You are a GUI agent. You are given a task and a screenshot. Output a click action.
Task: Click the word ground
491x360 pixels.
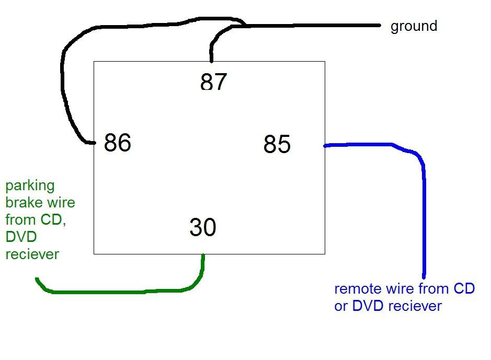(414, 26)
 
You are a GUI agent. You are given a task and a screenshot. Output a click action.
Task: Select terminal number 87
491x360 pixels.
(213, 82)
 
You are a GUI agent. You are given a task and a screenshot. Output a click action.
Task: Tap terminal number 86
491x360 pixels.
(117, 143)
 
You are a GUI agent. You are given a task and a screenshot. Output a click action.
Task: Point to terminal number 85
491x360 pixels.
(277, 144)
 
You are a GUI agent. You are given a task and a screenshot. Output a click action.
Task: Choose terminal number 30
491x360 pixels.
(203, 227)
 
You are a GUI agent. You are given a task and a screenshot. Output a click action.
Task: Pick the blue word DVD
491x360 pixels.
(368, 306)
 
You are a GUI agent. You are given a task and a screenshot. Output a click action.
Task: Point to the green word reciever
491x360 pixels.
(32, 254)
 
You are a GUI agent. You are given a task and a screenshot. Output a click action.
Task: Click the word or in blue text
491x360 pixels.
(341, 306)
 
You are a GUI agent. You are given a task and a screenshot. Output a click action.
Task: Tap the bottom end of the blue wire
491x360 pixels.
(424, 276)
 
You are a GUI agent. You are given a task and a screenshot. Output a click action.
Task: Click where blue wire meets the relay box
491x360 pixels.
(325, 146)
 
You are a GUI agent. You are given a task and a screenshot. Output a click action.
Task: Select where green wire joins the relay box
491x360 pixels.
(203, 255)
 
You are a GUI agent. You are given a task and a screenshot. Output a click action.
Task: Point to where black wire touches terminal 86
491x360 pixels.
(94, 143)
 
